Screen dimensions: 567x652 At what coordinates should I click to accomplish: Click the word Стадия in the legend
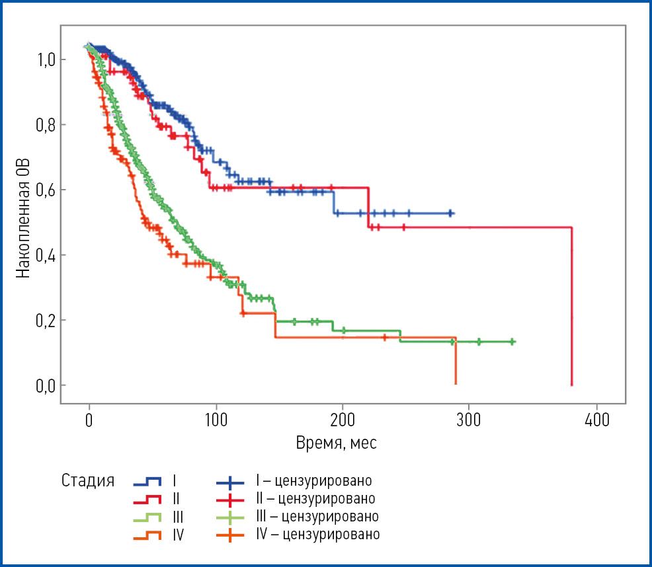88,480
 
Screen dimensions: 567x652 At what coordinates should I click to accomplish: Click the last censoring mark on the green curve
511,342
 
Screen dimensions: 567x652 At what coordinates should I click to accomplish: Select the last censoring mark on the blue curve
450,213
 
